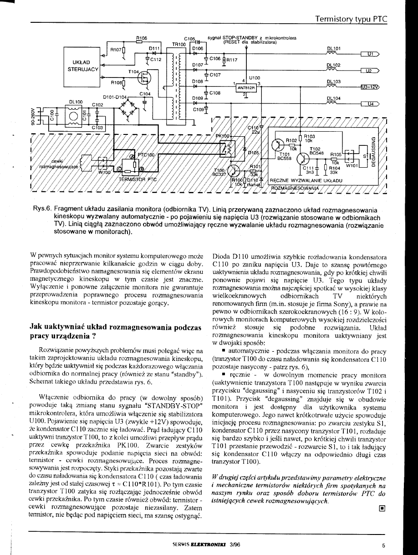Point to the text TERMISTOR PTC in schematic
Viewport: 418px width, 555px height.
pos(138,179)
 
